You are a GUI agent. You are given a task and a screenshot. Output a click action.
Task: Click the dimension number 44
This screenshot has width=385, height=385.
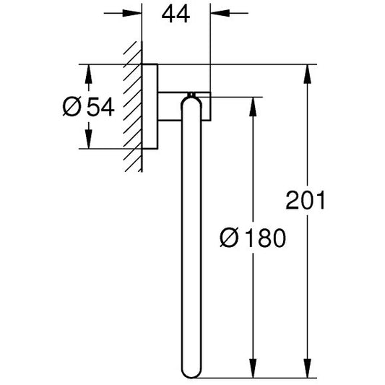[x=176, y=14]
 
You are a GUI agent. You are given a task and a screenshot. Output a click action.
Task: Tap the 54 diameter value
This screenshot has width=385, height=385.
[x=100, y=107]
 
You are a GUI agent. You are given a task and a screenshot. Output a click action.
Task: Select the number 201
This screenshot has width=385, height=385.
[x=306, y=200]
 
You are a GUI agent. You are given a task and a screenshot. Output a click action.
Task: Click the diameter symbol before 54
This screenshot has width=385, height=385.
[x=72, y=107]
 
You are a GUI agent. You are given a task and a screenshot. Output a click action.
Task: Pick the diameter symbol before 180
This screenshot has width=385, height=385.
[x=229, y=238]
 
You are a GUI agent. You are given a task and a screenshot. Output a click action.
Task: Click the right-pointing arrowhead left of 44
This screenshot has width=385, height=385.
[x=132, y=13]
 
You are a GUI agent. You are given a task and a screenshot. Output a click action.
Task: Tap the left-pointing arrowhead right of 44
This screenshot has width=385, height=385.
[x=220, y=13]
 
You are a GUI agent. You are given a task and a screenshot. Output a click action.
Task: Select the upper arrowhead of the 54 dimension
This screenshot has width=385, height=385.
[x=89, y=74]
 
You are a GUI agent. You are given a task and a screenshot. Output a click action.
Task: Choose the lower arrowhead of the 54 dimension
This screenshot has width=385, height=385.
[x=89, y=139]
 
